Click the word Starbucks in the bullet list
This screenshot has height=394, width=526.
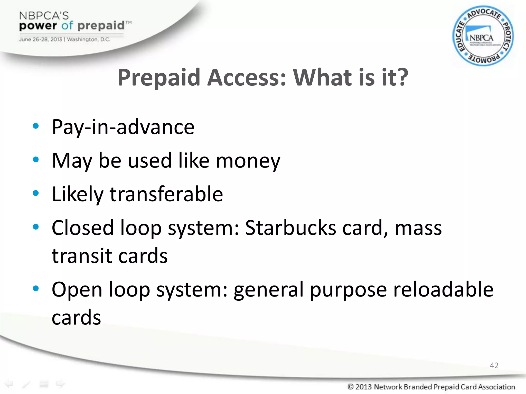(x=290, y=228)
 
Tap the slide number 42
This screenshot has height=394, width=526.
(x=494, y=365)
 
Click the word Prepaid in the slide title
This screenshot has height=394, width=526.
(x=159, y=77)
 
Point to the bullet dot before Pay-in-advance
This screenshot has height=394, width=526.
(x=36, y=126)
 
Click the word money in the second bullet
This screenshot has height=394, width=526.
(x=248, y=161)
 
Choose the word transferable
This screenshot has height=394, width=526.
(x=166, y=194)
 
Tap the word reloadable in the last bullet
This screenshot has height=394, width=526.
(x=443, y=289)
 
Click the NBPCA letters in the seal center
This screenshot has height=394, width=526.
(x=481, y=38)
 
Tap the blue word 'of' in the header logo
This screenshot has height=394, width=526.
(x=67, y=25)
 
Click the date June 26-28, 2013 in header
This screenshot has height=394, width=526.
(x=40, y=40)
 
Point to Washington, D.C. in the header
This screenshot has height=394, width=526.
(x=89, y=40)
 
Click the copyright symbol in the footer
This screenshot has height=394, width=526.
(x=350, y=386)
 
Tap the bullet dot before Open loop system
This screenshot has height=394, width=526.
(x=36, y=288)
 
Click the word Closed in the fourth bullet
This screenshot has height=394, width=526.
(x=82, y=228)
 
